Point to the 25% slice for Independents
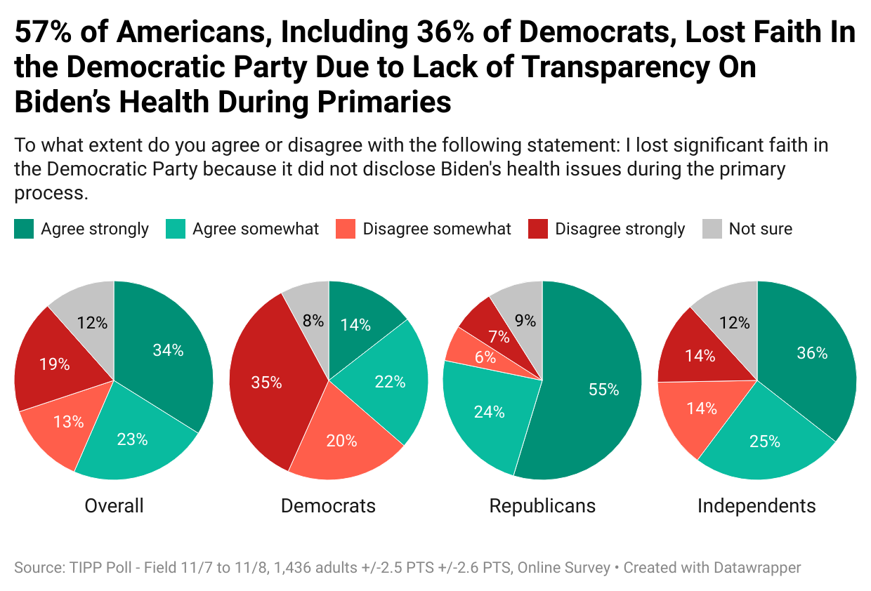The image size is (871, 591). click(x=764, y=441)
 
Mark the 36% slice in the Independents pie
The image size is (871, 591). click(x=811, y=353)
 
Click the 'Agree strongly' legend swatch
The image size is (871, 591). click(x=23, y=229)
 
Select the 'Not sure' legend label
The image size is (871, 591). click(x=760, y=229)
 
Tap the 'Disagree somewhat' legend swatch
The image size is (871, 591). click(x=346, y=229)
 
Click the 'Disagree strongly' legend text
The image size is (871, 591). click(x=620, y=229)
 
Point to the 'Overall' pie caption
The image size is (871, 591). click(x=114, y=505)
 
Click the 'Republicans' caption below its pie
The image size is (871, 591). click(x=542, y=505)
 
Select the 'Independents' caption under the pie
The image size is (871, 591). click(x=757, y=505)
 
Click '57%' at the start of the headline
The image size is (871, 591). click(x=45, y=32)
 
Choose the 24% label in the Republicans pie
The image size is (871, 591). click(x=490, y=411)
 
